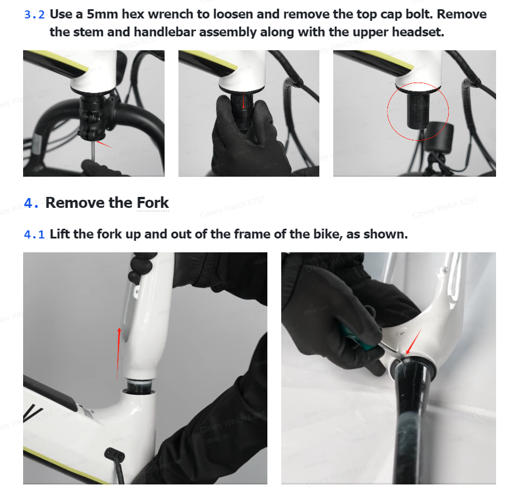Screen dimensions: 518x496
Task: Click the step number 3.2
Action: [x=34, y=15]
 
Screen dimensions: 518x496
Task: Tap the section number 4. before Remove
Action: [x=31, y=203]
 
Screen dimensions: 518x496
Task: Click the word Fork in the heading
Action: [x=152, y=203]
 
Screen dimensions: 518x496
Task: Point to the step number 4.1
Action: [x=34, y=234]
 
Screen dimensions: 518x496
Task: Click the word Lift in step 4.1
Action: [x=59, y=234]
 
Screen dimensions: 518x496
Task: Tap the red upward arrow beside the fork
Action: [x=118, y=353]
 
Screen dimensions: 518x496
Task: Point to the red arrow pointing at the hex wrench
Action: [x=104, y=144]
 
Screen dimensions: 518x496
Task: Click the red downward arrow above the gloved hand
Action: [x=244, y=100]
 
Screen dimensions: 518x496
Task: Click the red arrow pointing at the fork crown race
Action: [x=414, y=342]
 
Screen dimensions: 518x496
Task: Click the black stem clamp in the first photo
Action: [x=92, y=117]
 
